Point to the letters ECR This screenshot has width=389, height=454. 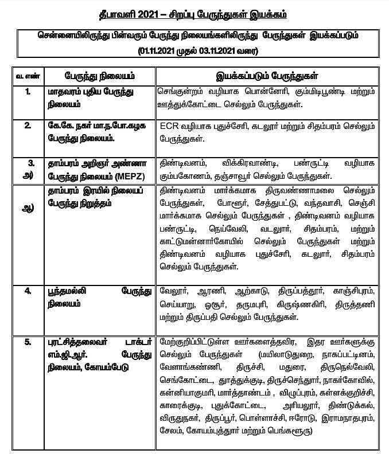point(170,126)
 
